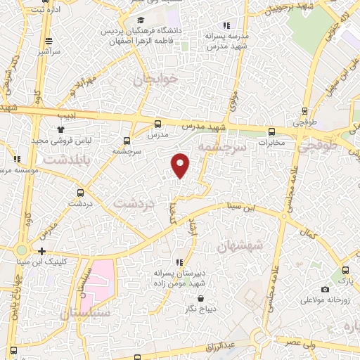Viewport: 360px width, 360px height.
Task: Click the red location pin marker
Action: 181,165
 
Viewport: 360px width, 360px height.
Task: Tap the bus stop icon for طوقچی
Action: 304,110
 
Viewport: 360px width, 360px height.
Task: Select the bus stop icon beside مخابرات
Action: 271,131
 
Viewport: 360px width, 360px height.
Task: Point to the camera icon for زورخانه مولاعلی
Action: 325,289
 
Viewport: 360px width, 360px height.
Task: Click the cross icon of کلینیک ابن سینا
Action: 43,251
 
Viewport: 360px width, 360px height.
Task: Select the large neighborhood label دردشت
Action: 133,202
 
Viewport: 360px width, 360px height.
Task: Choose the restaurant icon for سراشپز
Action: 48,41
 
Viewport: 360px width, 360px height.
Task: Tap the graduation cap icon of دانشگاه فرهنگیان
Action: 141,20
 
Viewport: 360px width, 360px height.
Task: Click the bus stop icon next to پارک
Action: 345,271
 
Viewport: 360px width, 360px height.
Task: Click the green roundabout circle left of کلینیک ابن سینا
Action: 22,250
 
